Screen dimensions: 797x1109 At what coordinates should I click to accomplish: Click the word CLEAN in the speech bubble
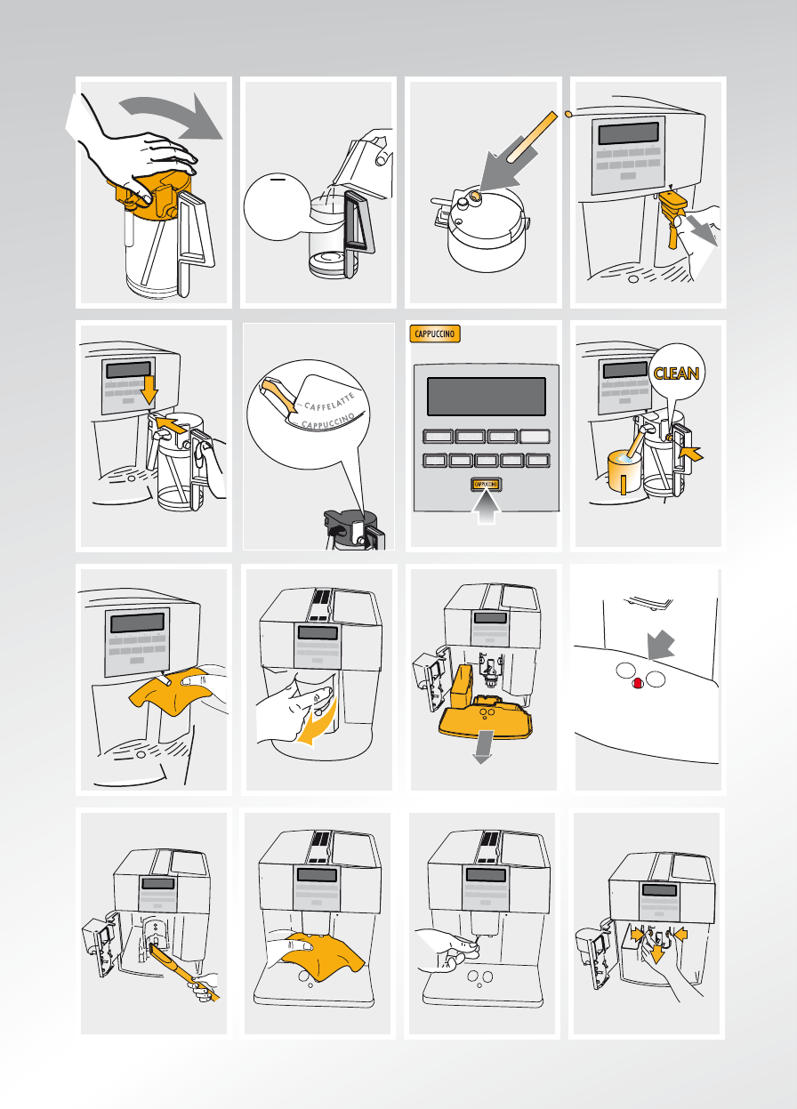(x=676, y=373)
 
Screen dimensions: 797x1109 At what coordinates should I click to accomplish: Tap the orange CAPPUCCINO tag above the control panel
(x=435, y=334)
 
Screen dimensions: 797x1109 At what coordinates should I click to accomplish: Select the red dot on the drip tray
(x=638, y=683)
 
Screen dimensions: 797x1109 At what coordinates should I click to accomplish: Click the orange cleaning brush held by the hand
(x=184, y=972)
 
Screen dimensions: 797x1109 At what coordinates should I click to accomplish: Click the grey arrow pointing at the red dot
(x=660, y=645)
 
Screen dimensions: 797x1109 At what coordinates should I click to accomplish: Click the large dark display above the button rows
(x=487, y=397)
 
